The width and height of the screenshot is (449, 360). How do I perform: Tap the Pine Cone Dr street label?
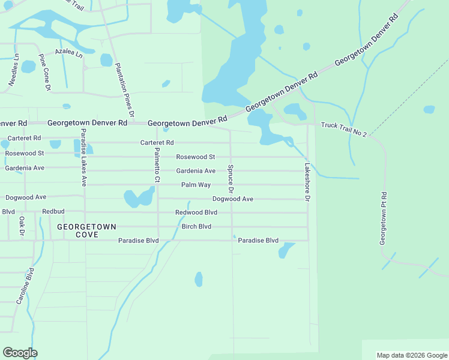pyautogui.click(x=44, y=72)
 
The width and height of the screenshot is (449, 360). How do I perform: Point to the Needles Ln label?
pyautogui.click(x=13, y=70)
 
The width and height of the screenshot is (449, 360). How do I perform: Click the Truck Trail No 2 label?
pyautogui.click(x=343, y=128)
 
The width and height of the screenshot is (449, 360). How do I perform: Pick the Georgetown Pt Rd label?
pyautogui.click(x=383, y=218)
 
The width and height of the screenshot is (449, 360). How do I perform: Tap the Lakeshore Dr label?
pyautogui.click(x=307, y=182)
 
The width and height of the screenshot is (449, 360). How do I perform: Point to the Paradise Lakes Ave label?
pyautogui.click(x=84, y=157)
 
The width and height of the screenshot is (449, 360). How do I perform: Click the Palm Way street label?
pyautogui.click(x=196, y=185)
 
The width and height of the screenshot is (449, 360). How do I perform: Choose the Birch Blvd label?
pyautogui.click(x=196, y=226)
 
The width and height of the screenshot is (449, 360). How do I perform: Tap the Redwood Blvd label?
pyautogui.click(x=196, y=212)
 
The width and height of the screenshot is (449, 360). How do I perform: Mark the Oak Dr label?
pyautogui.click(x=22, y=226)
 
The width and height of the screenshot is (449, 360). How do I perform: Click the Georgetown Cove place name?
pyautogui.click(x=86, y=230)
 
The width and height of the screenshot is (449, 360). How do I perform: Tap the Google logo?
pyautogui.click(x=20, y=353)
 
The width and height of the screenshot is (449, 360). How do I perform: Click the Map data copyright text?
pyautogui.click(x=411, y=355)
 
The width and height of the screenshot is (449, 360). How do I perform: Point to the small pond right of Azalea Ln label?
pyautogui.click(x=106, y=60)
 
